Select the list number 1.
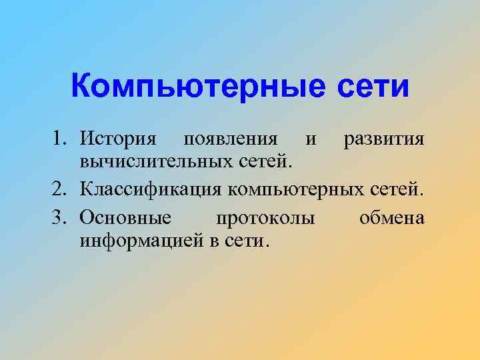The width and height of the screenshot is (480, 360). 61,139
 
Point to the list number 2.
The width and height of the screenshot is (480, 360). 61,190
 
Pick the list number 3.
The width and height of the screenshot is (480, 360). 61,218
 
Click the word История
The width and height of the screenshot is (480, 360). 118,139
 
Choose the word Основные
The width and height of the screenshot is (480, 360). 125,218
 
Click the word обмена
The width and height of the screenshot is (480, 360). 391,219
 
